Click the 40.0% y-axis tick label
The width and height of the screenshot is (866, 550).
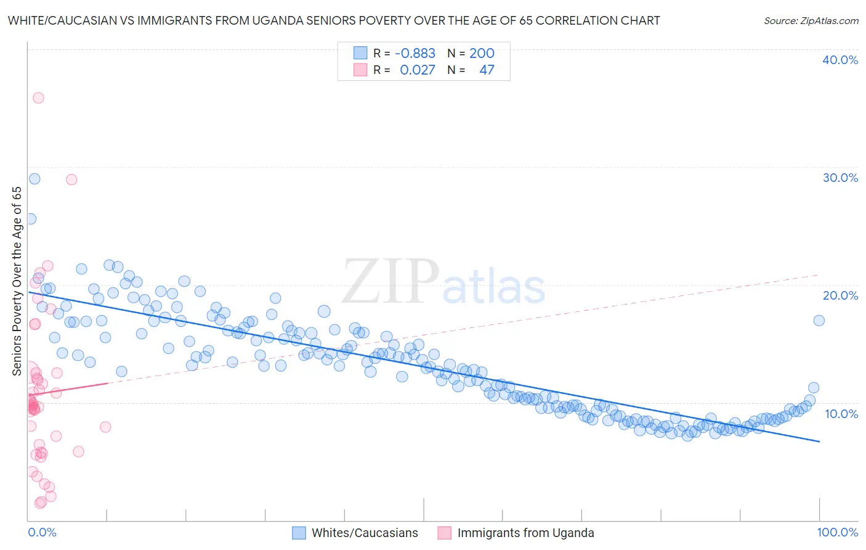pos(840,60)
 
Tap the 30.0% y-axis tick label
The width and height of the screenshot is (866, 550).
pos(840,178)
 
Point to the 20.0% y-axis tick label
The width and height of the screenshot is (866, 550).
pos(840,295)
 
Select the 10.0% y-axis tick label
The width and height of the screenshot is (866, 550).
pos(841,413)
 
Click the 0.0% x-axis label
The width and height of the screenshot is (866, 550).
pos(42,532)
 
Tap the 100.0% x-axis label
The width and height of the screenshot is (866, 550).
pos(837,532)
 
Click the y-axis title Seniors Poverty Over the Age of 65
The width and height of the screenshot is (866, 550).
pos(17,281)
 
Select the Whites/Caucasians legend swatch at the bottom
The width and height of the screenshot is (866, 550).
pos(299,533)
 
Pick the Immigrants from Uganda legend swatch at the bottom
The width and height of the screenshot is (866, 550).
pos(445,533)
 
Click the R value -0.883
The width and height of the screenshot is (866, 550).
pos(415,54)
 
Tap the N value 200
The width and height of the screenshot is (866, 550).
pos(482,54)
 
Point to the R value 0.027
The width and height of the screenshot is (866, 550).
pos(418,70)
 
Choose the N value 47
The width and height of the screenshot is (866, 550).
pos(487,70)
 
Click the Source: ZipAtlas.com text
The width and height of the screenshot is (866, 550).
pos(811,21)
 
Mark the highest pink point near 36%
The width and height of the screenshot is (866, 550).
pos(38,97)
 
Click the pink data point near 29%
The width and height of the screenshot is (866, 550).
pos(71,179)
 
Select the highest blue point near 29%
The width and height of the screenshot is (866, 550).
pos(34,179)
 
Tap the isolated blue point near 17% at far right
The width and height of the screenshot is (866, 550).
pos(819,320)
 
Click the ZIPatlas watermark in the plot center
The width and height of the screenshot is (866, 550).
pos(443,282)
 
